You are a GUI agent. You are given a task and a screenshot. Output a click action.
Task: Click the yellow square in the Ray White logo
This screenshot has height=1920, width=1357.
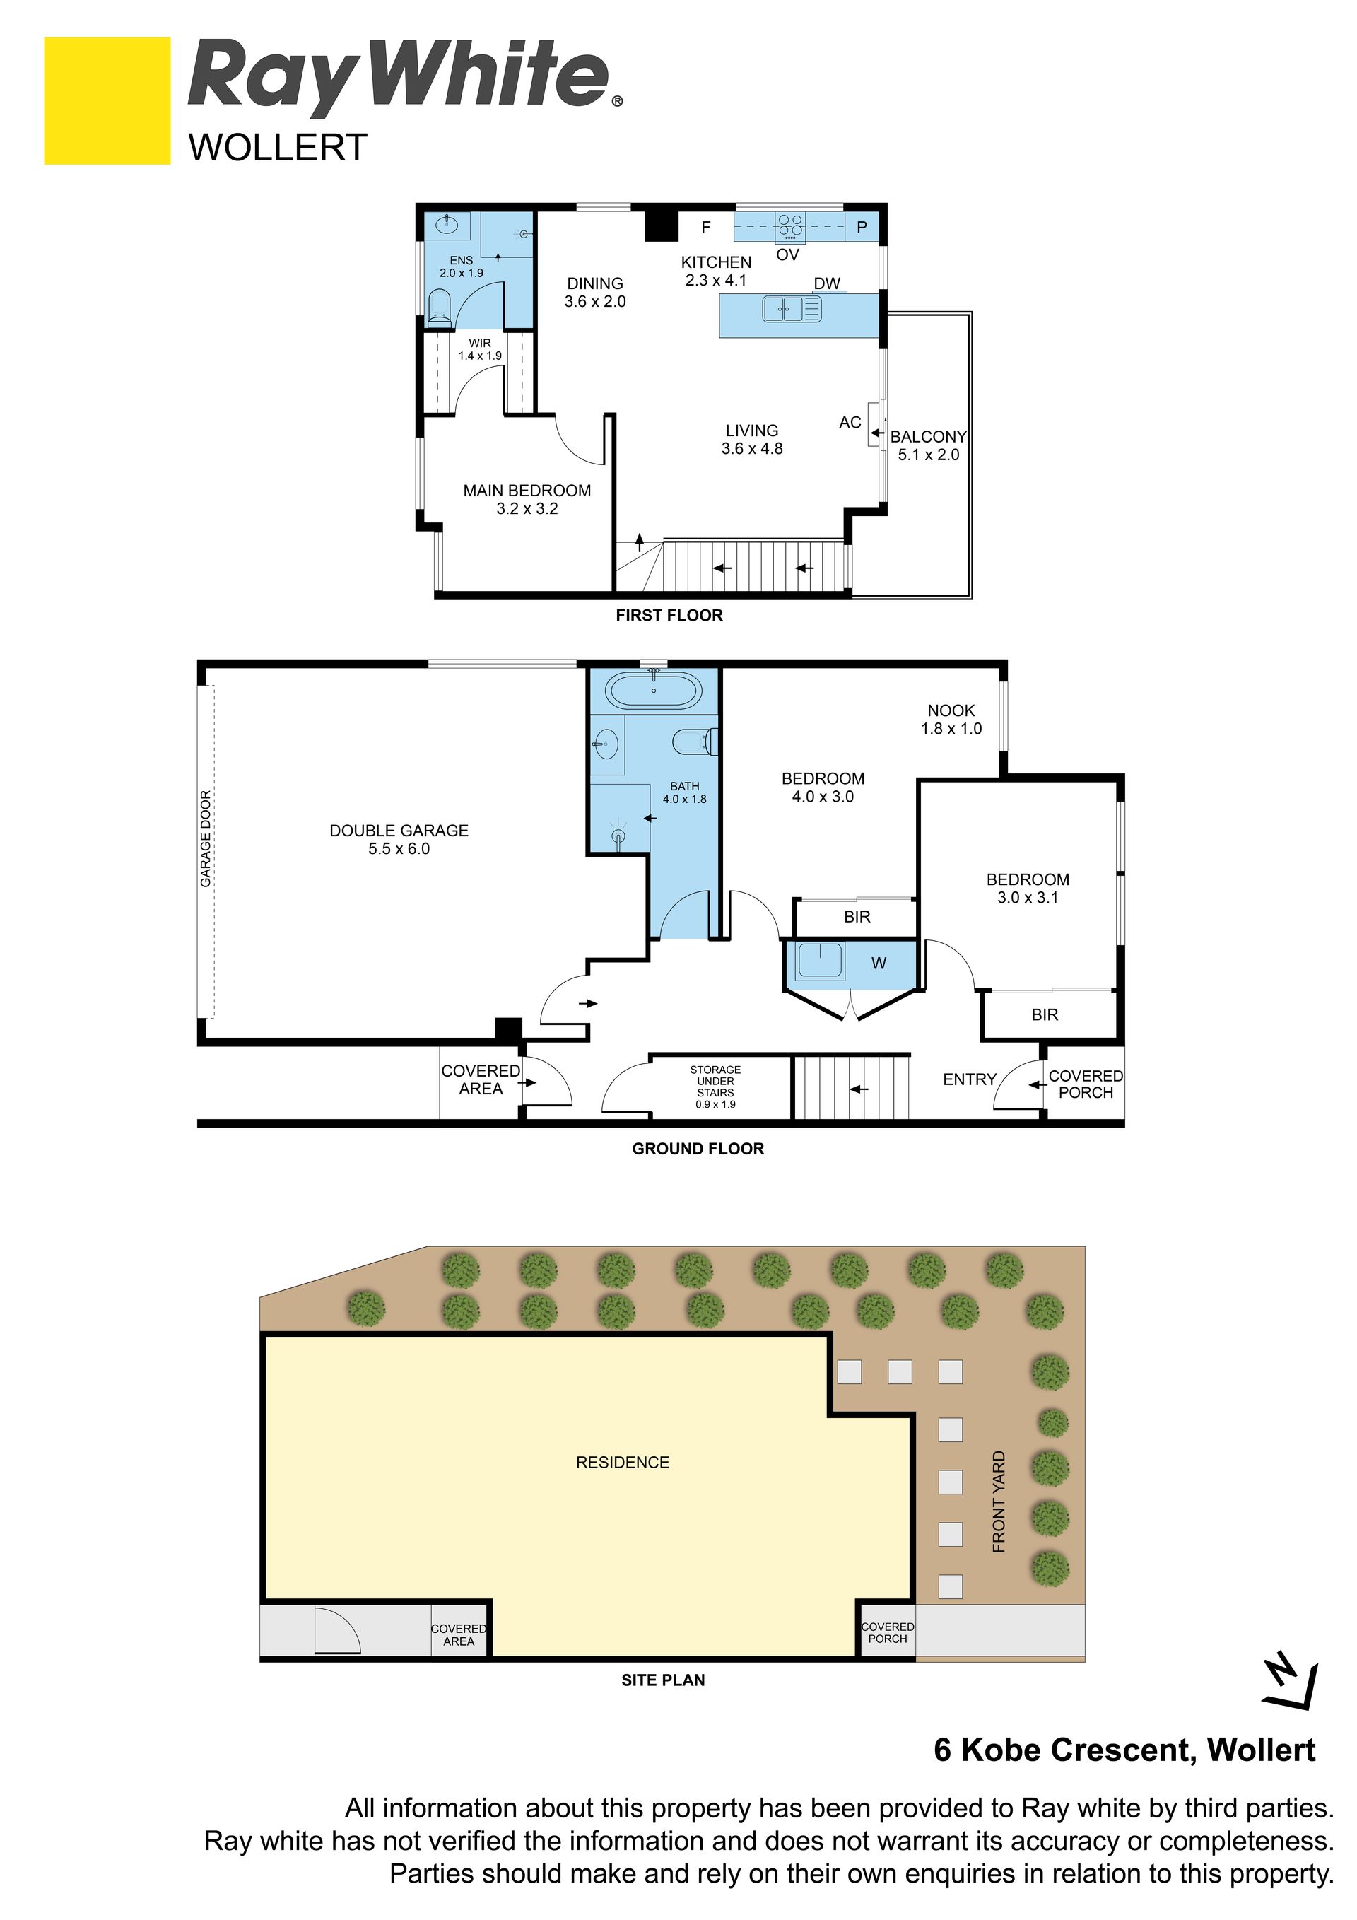107,100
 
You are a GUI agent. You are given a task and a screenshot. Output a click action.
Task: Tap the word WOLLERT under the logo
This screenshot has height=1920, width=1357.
278,148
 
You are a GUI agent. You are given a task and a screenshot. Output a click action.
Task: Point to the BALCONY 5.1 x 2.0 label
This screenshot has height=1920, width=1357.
928,445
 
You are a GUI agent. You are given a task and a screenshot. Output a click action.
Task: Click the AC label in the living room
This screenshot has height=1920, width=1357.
850,423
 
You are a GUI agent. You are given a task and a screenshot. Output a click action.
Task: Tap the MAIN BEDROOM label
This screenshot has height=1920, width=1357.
527,499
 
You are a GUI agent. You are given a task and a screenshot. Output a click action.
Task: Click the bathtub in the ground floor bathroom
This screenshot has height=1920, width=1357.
653,691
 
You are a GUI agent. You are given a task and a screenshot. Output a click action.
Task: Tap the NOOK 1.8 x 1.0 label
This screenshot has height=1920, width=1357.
951,719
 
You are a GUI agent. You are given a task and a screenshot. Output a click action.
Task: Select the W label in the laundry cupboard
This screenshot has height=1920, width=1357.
878,964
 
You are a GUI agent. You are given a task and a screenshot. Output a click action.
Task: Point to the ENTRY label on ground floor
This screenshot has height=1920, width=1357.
969,1079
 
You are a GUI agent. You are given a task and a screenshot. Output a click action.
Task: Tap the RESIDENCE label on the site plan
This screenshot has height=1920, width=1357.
622,1463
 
